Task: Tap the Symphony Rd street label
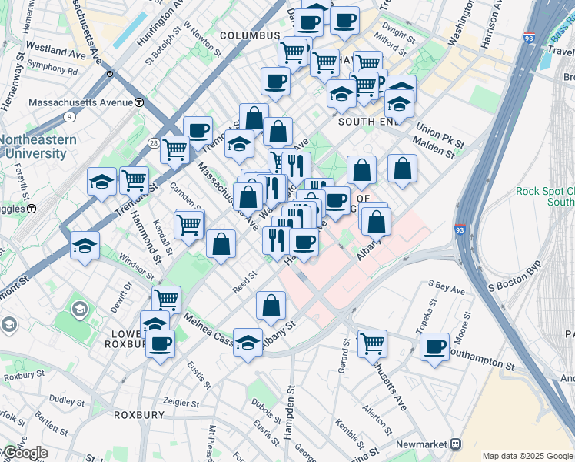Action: click(52, 70)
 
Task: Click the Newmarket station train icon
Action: click(456, 444)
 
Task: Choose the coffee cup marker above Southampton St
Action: click(435, 347)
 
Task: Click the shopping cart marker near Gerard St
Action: click(373, 343)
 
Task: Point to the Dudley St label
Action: click(67, 401)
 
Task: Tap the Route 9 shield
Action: click(69, 117)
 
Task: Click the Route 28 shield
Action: click(154, 144)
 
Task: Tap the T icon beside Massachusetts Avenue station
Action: click(139, 102)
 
